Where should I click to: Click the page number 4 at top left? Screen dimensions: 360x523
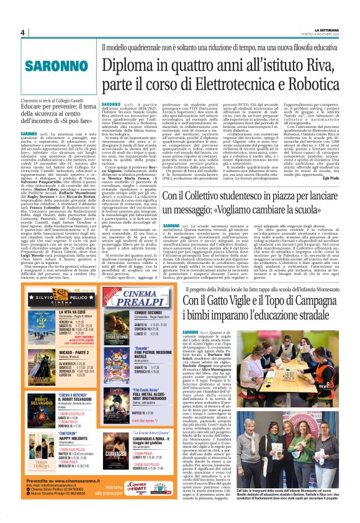tap(22, 32)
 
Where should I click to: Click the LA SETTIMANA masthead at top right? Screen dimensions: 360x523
tap(329, 29)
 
